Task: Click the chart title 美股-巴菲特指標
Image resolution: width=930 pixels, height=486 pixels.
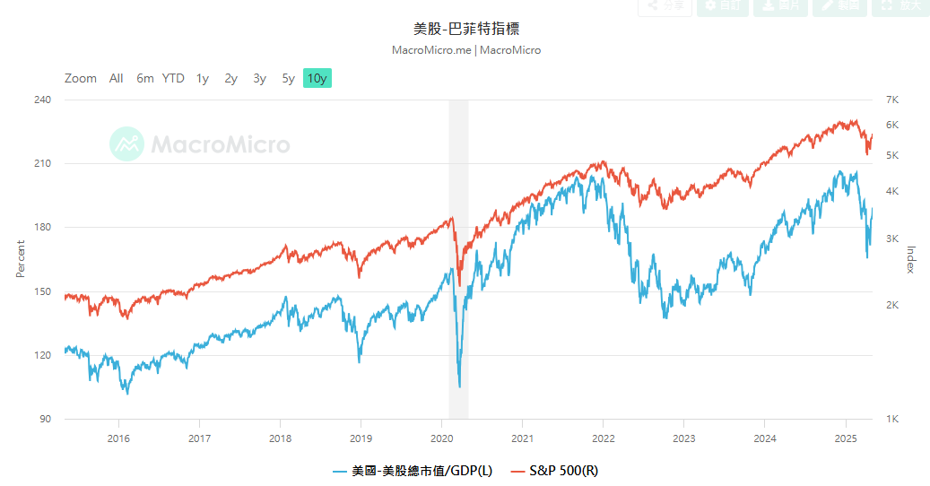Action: pyautogui.click(x=466, y=29)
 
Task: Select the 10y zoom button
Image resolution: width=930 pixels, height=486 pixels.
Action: pyautogui.click(x=317, y=78)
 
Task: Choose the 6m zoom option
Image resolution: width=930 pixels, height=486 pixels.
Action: pyautogui.click(x=145, y=78)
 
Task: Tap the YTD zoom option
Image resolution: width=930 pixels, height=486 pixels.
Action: pyautogui.click(x=173, y=78)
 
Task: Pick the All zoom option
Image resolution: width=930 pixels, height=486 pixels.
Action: pyautogui.click(x=117, y=78)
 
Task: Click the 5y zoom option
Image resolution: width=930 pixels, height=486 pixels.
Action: pyautogui.click(x=288, y=78)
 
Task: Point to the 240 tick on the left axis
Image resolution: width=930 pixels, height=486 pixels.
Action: pyautogui.click(x=42, y=100)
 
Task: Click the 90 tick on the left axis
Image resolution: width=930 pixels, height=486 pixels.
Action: pyautogui.click(x=45, y=419)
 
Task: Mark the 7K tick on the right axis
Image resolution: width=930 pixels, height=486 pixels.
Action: pyautogui.click(x=891, y=100)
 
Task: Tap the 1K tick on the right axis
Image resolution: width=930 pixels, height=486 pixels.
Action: pyautogui.click(x=891, y=419)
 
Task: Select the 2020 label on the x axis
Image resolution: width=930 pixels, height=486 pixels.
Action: pyautogui.click(x=441, y=438)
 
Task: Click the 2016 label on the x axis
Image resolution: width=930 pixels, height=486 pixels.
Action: pyautogui.click(x=118, y=438)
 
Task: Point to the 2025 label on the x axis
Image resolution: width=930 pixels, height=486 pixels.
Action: pyautogui.click(x=846, y=438)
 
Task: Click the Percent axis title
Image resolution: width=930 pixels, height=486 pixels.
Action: pyautogui.click(x=21, y=258)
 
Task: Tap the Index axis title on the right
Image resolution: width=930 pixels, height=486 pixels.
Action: pyautogui.click(x=911, y=259)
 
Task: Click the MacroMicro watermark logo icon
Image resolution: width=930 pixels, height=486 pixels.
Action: pyautogui.click(x=127, y=143)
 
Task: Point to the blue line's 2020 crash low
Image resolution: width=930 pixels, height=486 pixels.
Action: pyautogui.click(x=460, y=386)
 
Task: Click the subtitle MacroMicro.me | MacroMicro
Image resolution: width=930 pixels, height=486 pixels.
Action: pyautogui.click(x=466, y=50)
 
